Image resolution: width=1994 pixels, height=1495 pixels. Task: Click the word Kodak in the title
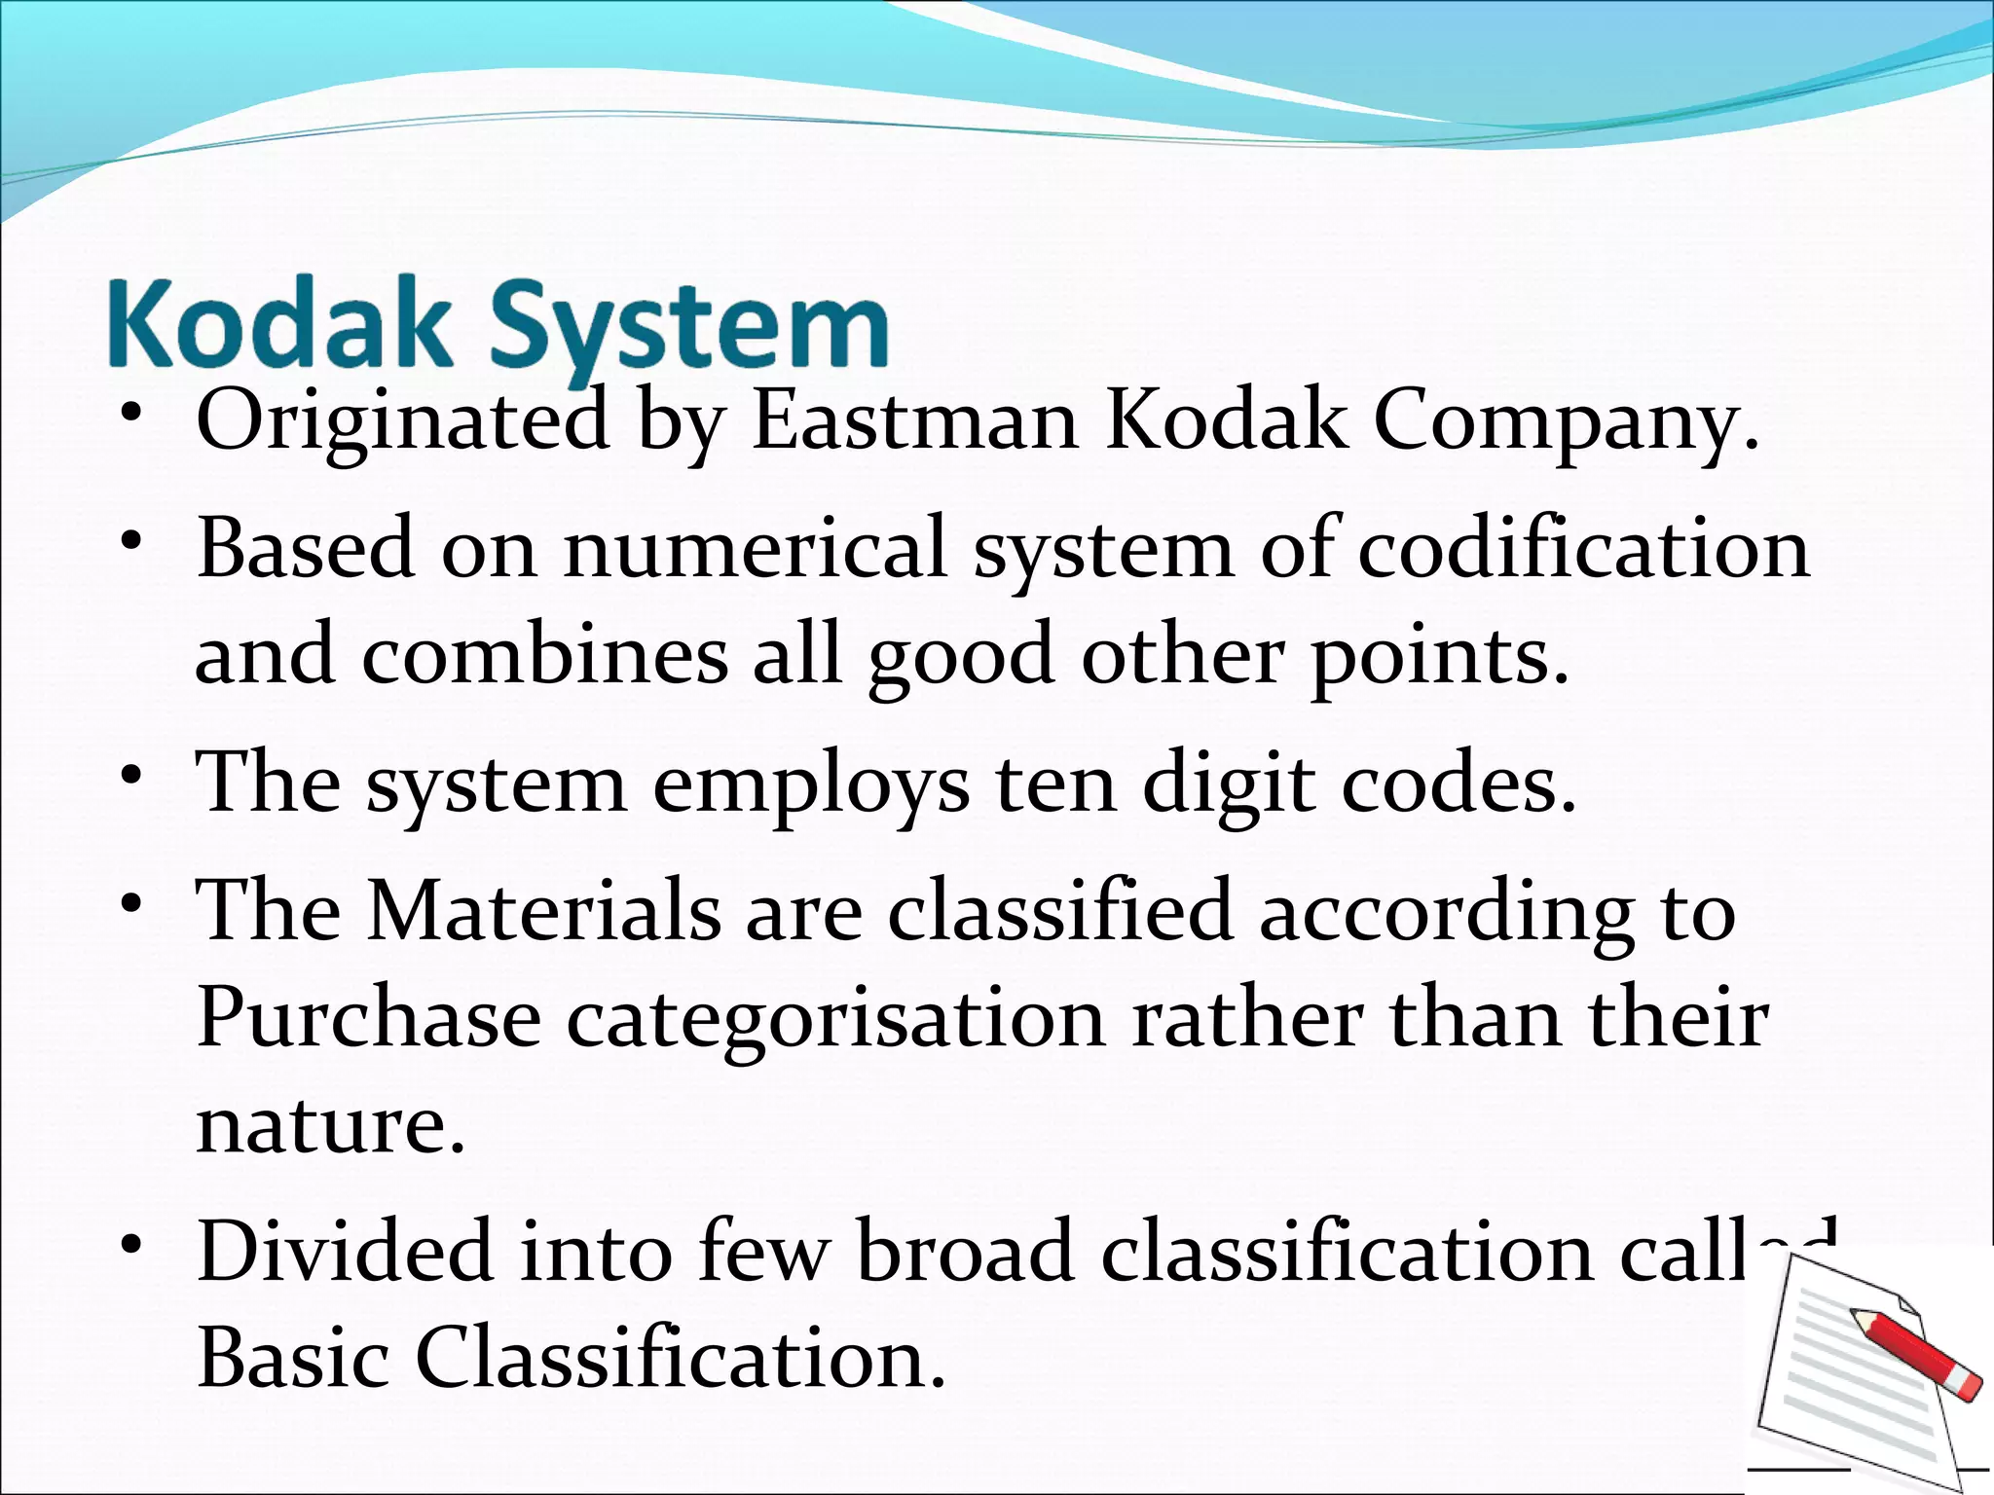[280, 324]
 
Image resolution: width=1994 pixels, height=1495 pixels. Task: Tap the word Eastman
[914, 421]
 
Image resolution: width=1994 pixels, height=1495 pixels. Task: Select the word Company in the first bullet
[1566, 423]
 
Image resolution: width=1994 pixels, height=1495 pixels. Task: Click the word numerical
[756, 549]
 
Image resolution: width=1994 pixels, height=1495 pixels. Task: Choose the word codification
[1583, 549]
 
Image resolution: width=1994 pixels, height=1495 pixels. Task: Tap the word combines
[544, 655]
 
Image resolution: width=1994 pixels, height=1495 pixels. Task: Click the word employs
[810, 784]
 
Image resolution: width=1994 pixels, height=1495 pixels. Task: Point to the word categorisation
[835, 1020]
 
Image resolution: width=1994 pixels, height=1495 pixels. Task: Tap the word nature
[330, 1125]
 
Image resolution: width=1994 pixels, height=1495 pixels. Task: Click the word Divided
[345, 1251]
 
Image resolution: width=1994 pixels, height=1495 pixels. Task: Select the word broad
[965, 1251]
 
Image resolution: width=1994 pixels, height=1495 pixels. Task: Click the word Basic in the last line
[293, 1358]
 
